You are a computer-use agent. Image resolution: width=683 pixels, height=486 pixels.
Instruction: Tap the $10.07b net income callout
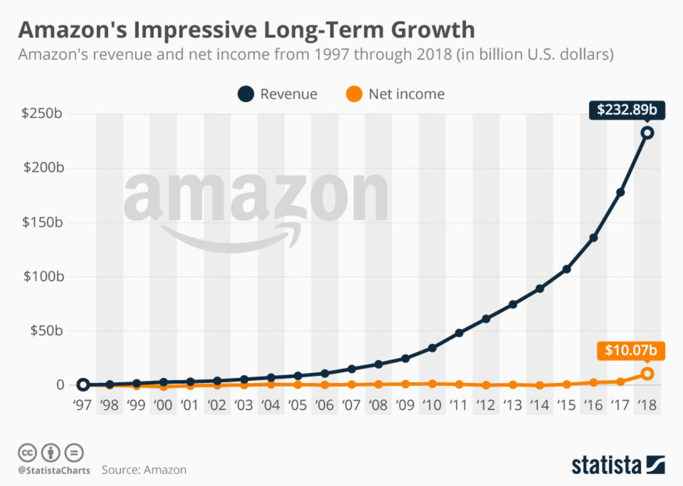point(630,351)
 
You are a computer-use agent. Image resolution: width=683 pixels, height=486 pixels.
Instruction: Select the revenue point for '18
point(647,133)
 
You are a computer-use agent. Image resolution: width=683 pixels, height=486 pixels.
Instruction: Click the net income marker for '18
point(647,374)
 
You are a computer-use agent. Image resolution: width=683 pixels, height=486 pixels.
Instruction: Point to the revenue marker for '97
point(83,385)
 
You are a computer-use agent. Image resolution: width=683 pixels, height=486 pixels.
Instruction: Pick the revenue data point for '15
point(567,269)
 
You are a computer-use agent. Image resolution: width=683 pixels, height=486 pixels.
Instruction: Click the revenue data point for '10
point(432,348)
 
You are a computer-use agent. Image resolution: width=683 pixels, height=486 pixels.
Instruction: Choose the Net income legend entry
point(396,94)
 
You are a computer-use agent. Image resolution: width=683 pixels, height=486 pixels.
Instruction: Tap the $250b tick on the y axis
point(42,114)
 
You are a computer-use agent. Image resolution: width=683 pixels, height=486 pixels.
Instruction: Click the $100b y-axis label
point(42,277)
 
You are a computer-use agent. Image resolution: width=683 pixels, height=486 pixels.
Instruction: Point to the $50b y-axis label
point(45,331)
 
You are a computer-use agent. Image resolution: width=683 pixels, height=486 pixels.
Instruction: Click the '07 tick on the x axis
point(351,406)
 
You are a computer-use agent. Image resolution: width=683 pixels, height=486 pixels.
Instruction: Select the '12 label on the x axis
point(485,406)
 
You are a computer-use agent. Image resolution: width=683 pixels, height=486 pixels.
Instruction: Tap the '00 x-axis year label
point(163,406)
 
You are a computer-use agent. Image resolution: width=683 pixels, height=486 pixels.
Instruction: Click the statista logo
point(618,464)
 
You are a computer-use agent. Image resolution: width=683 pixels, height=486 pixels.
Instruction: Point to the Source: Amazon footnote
point(144,470)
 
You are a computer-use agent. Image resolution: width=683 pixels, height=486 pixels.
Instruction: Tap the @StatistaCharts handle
point(52,471)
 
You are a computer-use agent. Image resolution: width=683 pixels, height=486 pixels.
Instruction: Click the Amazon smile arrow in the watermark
point(228,239)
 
